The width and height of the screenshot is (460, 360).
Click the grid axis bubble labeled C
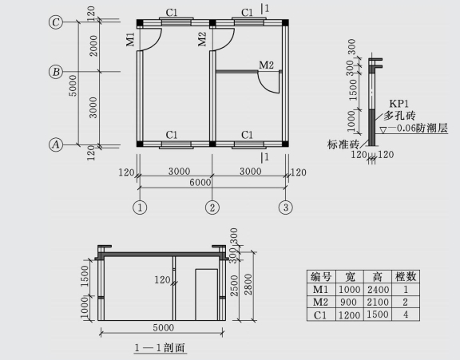(56, 22)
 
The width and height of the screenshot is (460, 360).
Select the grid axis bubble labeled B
(56, 72)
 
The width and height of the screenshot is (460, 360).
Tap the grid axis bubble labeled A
(56, 144)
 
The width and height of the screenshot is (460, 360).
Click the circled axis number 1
(140, 208)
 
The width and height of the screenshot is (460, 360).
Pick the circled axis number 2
(212, 208)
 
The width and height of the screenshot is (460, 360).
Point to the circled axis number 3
(286, 208)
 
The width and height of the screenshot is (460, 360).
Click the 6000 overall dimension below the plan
(200, 182)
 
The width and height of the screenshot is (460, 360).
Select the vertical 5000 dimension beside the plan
(73, 85)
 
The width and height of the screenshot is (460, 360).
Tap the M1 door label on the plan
(130, 40)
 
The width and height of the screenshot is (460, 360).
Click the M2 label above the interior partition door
(266, 65)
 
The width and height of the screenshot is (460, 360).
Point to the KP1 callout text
(399, 104)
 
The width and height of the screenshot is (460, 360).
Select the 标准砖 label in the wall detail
(343, 144)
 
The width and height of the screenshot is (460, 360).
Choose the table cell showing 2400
(378, 290)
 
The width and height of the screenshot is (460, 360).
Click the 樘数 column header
(406, 276)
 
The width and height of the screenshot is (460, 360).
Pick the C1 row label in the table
(320, 315)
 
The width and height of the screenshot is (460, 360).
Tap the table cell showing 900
(349, 302)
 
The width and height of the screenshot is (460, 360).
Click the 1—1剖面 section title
(161, 348)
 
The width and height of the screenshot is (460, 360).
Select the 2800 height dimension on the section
(248, 284)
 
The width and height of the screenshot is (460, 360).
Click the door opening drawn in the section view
(207, 295)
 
